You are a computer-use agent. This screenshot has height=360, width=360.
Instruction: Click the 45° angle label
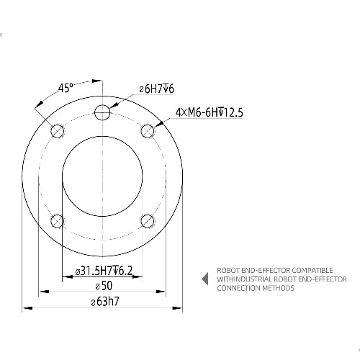[66, 88]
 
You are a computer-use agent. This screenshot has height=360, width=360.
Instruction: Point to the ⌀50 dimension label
[104, 286]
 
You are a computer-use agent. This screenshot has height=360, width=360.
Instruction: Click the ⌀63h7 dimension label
[105, 302]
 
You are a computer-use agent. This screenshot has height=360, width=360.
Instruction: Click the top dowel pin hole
[102, 112]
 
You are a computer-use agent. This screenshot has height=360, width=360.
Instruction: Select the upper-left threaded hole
[58, 131]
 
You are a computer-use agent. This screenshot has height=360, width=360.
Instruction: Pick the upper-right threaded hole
[148, 131]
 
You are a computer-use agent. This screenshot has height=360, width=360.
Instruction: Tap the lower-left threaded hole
[58, 221]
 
